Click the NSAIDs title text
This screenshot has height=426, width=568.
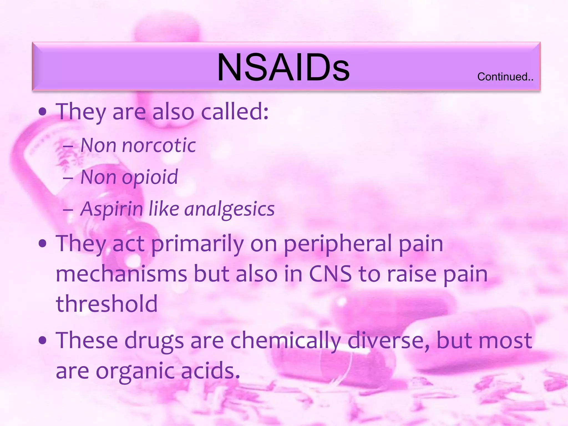(x=283, y=67)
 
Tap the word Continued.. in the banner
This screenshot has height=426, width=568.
(x=505, y=77)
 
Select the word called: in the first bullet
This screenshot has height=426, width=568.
(x=235, y=112)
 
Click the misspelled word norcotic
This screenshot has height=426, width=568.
(x=159, y=145)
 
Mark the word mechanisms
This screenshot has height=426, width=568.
(x=121, y=274)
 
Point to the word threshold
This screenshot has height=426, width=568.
(x=107, y=303)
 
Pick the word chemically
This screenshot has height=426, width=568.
(x=286, y=341)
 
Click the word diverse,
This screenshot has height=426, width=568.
(x=388, y=341)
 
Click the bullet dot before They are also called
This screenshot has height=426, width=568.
(x=42, y=112)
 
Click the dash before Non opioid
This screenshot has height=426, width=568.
(x=68, y=177)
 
